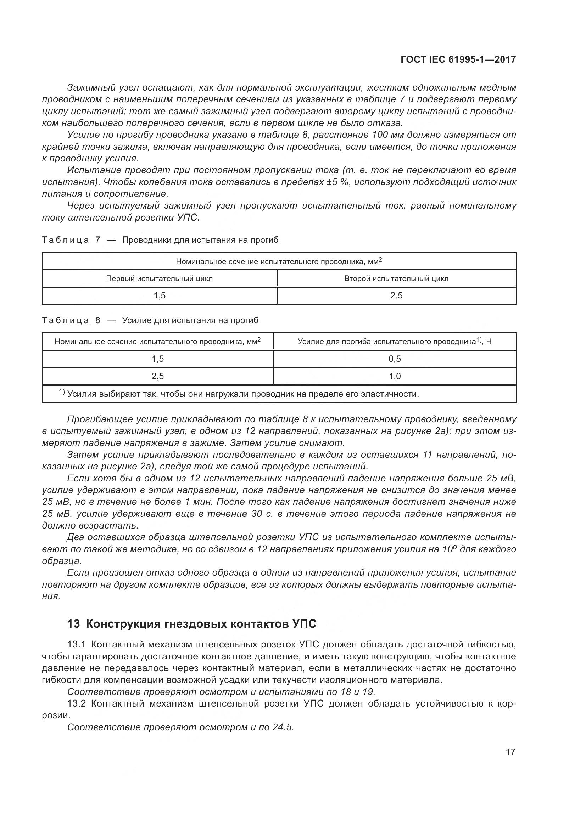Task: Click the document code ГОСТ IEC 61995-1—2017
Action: [458, 59]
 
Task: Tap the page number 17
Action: [510, 752]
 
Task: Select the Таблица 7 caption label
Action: [71, 240]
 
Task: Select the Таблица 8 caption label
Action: [71, 320]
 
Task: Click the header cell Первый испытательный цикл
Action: [159, 278]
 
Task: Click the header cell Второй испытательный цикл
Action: [396, 278]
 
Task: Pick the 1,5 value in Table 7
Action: [159, 296]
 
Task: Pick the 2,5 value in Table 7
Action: [396, 296]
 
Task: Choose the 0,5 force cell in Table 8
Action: [395, 359]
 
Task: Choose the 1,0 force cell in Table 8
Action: [395, 376]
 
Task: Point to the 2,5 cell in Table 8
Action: [158, 376]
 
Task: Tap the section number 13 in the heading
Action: [73, 624]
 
